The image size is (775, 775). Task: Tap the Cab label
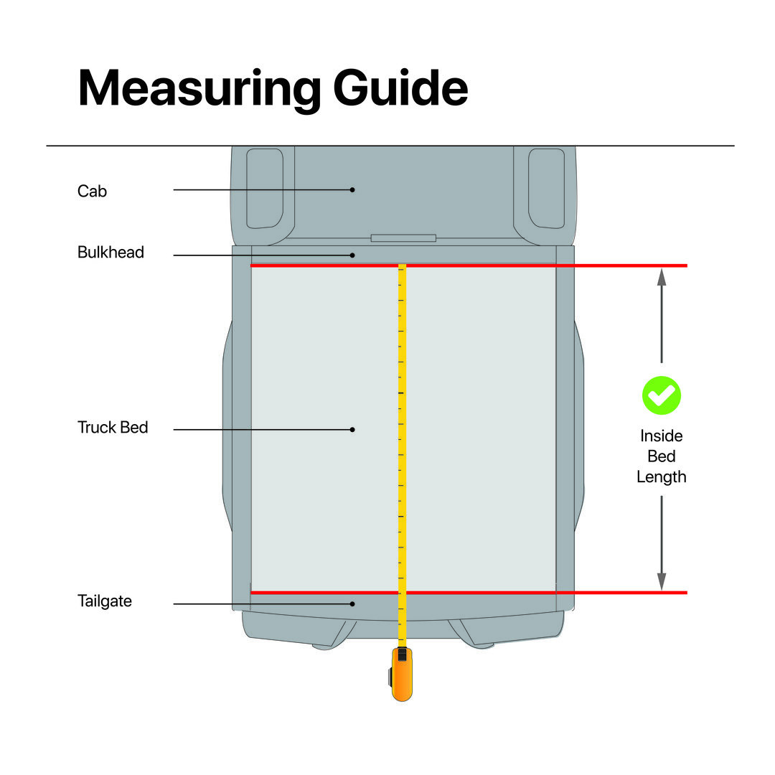(92, 191)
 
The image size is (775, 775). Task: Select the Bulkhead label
(111, 253)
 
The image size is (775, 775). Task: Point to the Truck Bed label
(113, 428)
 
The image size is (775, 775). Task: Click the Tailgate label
(105, 601)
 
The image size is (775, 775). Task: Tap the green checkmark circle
(661, 395)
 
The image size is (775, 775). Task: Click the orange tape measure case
(402, 675)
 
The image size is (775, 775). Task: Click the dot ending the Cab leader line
(352, 190)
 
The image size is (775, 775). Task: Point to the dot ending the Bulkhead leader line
(352, 255)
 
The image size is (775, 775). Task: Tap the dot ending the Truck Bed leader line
(352, 430)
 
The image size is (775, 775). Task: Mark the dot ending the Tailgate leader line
(352, 603)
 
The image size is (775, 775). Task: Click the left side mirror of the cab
(264, 188)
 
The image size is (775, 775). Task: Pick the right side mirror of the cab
(547, 188)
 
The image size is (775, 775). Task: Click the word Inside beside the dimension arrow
(661, 436)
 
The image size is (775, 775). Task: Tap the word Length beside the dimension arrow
(661, 476)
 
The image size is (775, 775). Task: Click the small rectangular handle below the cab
(403, 238)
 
